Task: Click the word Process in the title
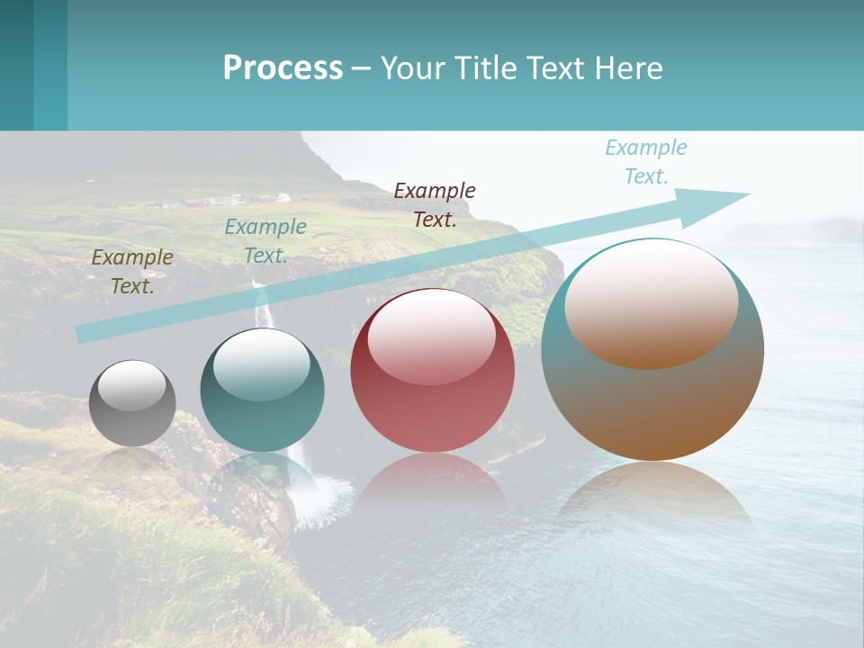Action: coord(283,68)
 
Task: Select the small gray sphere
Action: coord(132,404)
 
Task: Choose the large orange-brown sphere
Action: coord(652,350)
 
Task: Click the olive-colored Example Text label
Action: coord(132,271)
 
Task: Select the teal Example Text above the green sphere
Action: coord(265,240)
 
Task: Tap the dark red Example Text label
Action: coord(435,204)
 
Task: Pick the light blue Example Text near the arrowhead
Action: coord(645,161)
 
